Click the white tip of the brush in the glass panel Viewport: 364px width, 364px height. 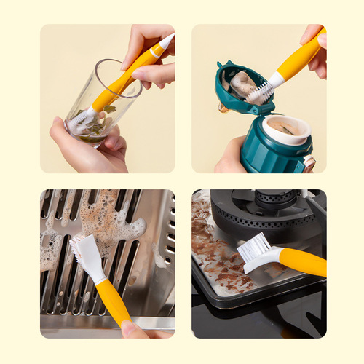pyautogui.click(x=167, y=41)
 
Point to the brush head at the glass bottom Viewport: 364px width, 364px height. pyautogui.click(x=82, y=119)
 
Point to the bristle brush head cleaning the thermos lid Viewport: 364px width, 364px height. pyautogui.click(x=260, y=90)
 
